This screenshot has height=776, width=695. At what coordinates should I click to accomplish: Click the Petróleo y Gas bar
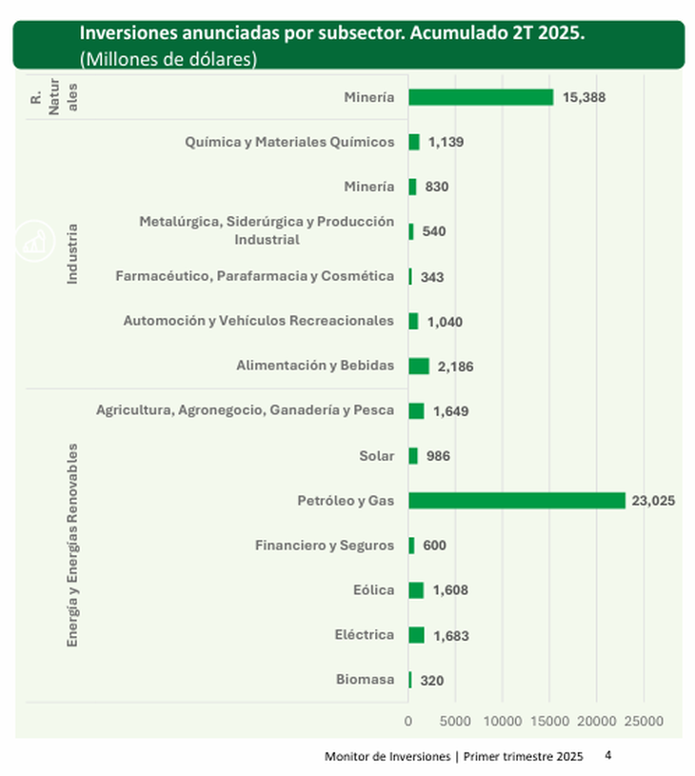click(x=516, y=501)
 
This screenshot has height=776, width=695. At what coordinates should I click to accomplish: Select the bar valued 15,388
click(x=481, y=97)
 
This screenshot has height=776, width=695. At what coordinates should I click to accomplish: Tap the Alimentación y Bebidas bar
click(x=419, y=366)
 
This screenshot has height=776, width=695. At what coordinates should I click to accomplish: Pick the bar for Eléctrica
click(x=416, y=635)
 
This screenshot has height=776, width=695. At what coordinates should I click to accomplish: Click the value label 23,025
click(x=652, y=501)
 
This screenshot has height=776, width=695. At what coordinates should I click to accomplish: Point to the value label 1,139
click(x=445, y=143)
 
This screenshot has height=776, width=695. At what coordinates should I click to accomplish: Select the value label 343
click(x=432, y=277)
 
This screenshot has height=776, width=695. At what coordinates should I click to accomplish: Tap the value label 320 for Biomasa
click(x=431, y=681)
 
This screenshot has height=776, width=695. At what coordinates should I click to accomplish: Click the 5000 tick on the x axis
click(x=455, y=722)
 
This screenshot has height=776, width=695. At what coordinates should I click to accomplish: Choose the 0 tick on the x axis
click(x=408, y=722)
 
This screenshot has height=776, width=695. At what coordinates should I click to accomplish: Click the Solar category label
click(x=376, y=456)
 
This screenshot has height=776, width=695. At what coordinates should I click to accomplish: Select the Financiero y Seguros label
click(x=325, y=546)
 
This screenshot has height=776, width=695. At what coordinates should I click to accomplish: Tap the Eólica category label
click(x=373, y=590)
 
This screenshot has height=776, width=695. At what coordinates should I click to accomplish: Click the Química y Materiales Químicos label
click(x=290, y=142)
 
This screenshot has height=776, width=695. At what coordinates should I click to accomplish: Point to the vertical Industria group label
click(x=72, y=254)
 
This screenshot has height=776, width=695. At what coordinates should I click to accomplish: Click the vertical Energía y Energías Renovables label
click(x=72, y=545)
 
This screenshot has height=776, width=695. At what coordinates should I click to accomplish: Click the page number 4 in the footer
click(x=608, y=755)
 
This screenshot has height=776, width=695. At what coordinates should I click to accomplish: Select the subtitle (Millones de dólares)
click(x=169, y=58)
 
